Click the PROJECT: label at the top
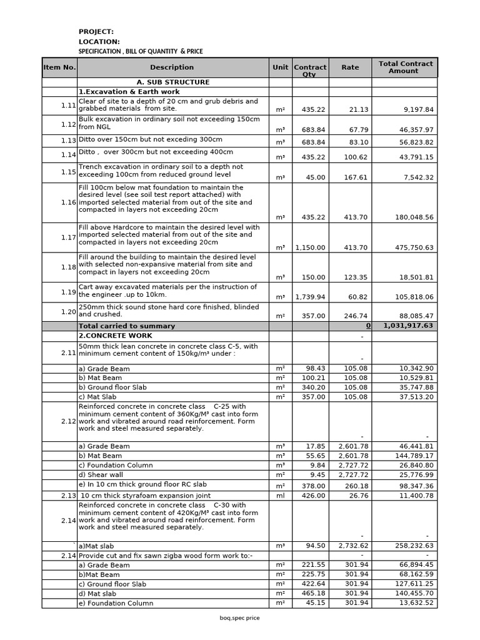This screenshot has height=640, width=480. click(96, 32)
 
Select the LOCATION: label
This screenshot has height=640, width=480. click(99, 42)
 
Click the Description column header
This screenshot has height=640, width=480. click(172, 67)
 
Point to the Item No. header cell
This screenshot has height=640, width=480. click(59, 67)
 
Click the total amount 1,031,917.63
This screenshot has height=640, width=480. click(408, 326)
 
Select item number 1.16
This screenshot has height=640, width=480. click(69, 202)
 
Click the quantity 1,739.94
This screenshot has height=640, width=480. click(310, 297)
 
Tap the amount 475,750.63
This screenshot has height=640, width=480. click(411, 247)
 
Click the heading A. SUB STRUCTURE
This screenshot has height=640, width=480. click(173, 82)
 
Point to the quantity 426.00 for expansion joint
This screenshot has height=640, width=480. click(314, 496)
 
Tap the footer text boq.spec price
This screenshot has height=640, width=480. click(239, 618)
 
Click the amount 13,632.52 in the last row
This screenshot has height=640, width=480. click(412, 603)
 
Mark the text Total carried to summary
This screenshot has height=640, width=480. click(126, 326)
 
